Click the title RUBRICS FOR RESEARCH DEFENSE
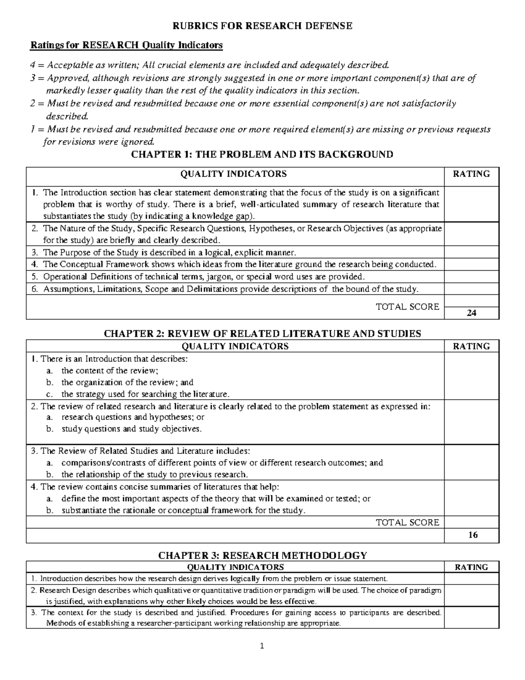tap(262, 26)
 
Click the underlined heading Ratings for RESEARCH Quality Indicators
tap(126, 45)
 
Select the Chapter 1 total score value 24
tap(471, 313)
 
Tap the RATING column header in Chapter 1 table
tap(471, 174)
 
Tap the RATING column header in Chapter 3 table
tap(471, 567)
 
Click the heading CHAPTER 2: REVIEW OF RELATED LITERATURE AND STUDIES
tap(262, 334)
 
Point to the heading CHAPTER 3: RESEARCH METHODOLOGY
tap(262, 555)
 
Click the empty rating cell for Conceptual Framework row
tap(471, 264)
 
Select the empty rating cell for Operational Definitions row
tap(471, 277)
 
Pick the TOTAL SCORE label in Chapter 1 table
tap(407, 307)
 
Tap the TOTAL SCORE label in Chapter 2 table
tap(407, 522)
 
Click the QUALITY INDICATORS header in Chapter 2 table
tap(235, 346)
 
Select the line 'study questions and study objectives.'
tap(132, 429)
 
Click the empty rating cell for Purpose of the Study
tap(471, 252)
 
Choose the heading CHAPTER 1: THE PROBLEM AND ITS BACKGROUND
tap(262, 154)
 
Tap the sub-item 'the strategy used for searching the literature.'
tap(145, 394)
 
